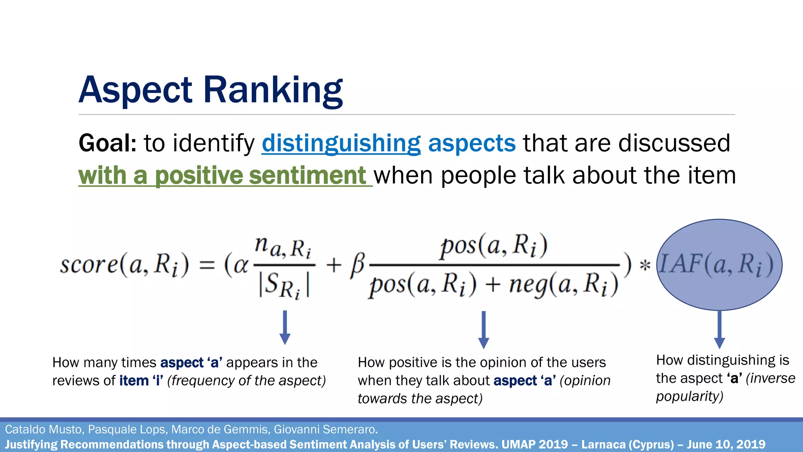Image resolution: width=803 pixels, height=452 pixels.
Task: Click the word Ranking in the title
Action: coord(273,90)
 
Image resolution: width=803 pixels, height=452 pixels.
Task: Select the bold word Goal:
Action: coord(107,143)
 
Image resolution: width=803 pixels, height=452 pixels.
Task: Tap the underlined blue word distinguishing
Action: coord(341,143)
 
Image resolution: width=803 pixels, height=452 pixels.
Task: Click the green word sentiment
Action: coord(307,175)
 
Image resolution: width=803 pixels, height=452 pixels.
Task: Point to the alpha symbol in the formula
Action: coord(241,265)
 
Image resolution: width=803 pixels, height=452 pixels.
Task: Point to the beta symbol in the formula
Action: coord(358,265)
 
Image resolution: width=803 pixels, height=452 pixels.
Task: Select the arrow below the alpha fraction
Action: coord(285,328)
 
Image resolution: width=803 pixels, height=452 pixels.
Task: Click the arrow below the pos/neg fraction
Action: coord(483,330)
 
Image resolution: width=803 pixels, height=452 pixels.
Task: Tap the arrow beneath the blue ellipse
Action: coord(719,330)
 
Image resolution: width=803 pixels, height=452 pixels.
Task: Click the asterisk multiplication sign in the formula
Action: coord(645,266)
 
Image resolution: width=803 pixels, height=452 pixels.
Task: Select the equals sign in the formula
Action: coord(207,265)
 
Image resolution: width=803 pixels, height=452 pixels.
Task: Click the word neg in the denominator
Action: coord(527,285)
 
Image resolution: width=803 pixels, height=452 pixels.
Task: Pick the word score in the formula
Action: coord(89,264)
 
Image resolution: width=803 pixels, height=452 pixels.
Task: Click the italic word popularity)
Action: coord(689,396)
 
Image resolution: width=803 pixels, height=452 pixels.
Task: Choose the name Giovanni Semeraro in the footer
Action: coord(325,430)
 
